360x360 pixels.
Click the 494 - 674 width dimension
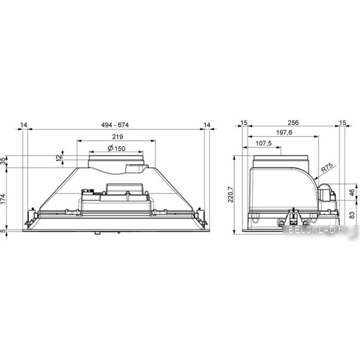(x=115, y=125)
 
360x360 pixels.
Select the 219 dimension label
(x=118, y=137)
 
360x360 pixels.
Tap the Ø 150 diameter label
(x=116, y=149)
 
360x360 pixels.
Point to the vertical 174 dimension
(x=3, y=199)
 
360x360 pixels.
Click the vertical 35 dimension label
(x=3, y=161)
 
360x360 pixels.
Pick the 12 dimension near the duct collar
(x=59, y=158)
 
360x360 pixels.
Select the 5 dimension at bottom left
(x=3, y=231)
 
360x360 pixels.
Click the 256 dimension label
(x=293, y=122)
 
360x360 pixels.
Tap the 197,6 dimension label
(x=284, y=133)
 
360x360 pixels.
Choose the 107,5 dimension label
(x=263, y=143)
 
